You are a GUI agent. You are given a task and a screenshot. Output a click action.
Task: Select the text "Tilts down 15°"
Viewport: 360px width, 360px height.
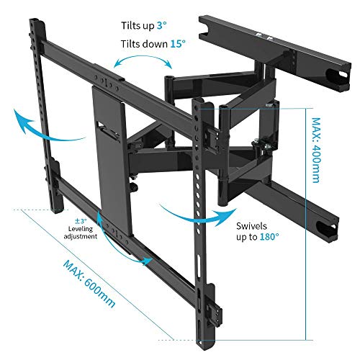pos(153,44)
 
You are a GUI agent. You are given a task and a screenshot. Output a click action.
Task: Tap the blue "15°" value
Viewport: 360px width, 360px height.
pos(177,44)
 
